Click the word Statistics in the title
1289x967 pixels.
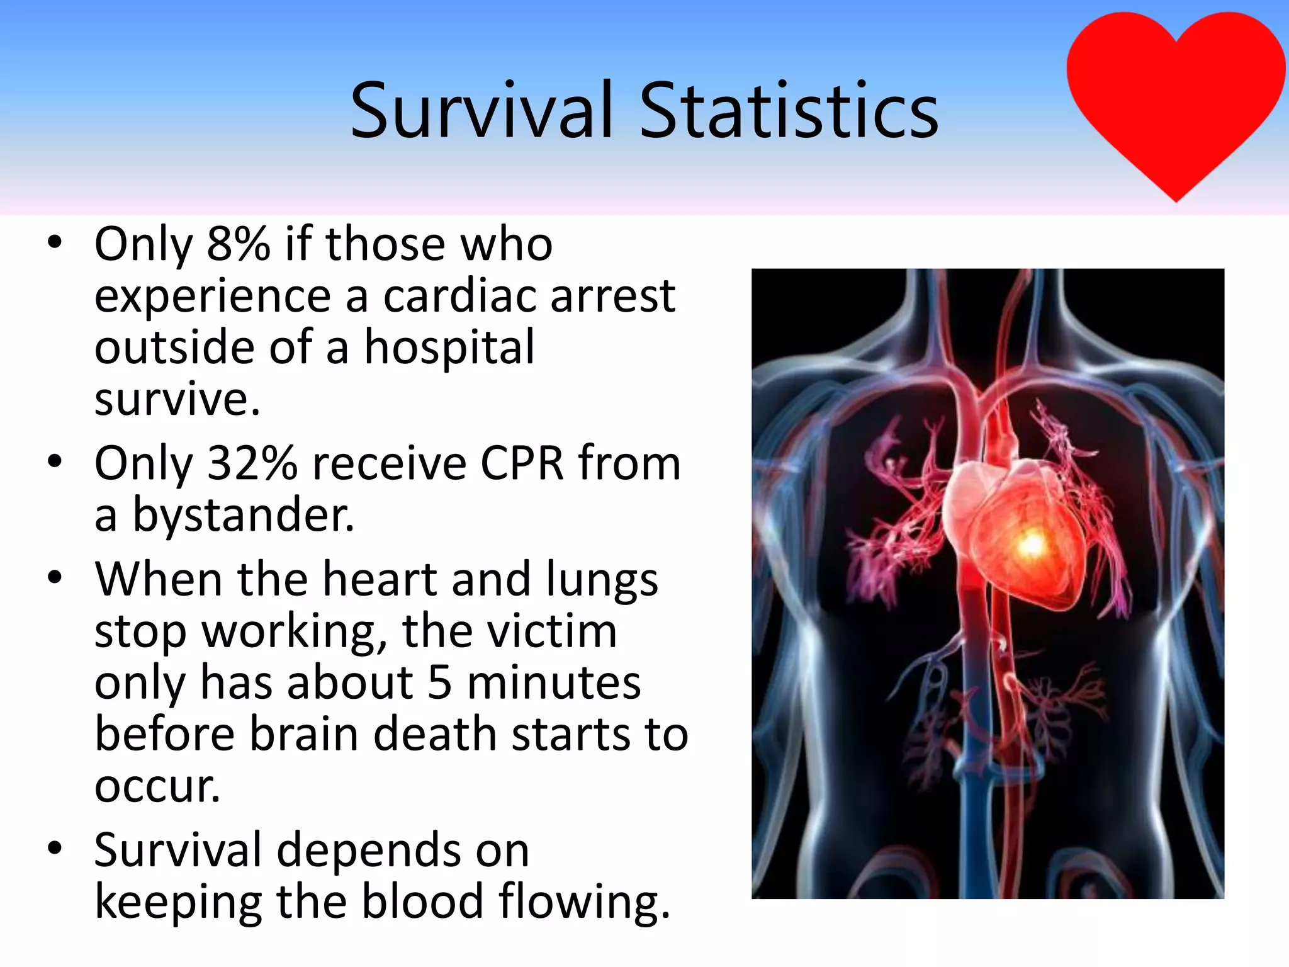pos(789,111)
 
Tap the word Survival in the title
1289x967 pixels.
pos(481,111)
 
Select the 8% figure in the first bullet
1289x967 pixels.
pos(239,244)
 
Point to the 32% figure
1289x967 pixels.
pos(252,464)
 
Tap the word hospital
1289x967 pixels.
pos(449,348)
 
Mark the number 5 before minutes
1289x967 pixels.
pos(439,683)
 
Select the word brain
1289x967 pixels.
pos(305,735)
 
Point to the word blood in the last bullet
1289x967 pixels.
pos(422,902)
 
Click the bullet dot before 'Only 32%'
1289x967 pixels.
pos(55,461)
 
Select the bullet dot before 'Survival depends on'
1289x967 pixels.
pos(55,848)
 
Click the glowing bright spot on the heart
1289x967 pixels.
pos(1031,543)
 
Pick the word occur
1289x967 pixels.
pos(157,787)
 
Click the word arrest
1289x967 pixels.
pos(612,296)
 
